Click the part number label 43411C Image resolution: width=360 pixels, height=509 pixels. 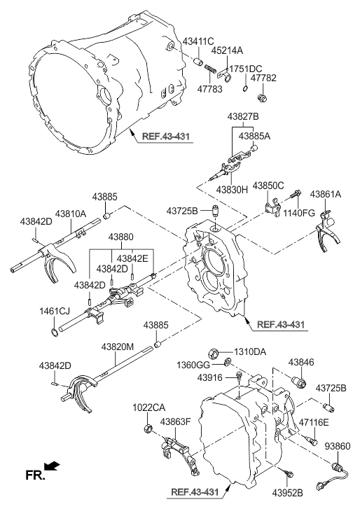tap(198, 41)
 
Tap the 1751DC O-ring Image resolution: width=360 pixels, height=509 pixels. tap(245, 89)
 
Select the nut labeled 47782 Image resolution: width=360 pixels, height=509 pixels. tap(262, 97)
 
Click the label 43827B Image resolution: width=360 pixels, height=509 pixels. tap(243, 116)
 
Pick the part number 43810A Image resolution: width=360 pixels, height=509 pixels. tap(71, 214)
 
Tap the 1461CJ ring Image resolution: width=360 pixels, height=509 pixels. tap(55, 332)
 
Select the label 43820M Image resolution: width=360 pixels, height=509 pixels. tap(117, 347)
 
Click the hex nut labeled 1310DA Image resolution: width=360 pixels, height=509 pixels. tap(213, 352)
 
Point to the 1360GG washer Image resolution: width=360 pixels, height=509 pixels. tap(228, 361)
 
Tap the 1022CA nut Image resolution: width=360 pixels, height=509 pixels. tap(148, 428)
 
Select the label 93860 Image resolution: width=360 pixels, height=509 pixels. tap(338, 447)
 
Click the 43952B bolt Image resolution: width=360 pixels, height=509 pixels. tap(288, 473)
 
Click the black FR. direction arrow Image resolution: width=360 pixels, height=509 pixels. tap(52, 466)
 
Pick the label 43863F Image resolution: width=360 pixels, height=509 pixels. tap(175, 421)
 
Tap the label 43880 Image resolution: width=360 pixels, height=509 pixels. tap(120, 237)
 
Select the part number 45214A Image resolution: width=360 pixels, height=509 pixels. tap(227, 50)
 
